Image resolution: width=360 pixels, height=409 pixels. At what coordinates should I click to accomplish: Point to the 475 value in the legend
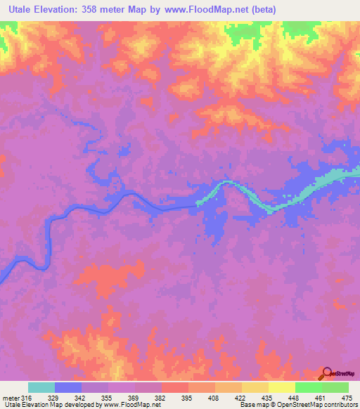347,397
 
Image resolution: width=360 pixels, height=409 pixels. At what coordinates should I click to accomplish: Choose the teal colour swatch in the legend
41,387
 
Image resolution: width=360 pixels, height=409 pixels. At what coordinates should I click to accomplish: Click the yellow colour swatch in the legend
281,387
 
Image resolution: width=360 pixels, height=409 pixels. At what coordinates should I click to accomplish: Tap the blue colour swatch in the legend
68,387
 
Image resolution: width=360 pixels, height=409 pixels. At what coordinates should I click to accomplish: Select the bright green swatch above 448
308,387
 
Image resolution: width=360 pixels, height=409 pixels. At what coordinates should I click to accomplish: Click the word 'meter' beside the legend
10,397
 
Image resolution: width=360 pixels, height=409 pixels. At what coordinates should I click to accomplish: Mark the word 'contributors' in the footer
340,405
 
